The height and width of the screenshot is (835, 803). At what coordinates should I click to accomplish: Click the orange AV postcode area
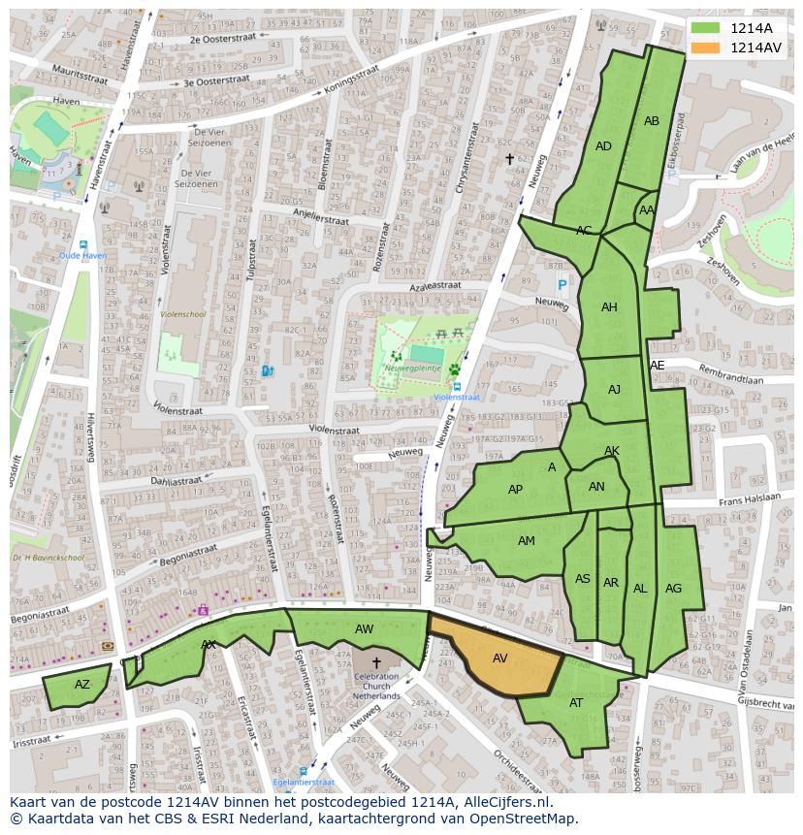click(x=500, y=658)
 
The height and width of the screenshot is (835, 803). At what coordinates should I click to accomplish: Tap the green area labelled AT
click(x=576, y=703)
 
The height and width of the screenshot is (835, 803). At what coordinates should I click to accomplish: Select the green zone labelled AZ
click(x=82, y=685)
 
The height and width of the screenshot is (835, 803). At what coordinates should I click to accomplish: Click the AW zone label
click(x=364, y=629)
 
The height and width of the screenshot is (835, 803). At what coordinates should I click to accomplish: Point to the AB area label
click(x=652, y=121)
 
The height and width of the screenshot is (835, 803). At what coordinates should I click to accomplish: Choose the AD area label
click(x=603, y=146)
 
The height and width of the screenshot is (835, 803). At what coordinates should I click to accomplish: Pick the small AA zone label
click(x=647, y=210)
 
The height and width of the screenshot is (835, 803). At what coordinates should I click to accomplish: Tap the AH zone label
click(x=609, y=307)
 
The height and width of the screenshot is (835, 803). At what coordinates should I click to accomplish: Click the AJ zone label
click(x=614, y=390)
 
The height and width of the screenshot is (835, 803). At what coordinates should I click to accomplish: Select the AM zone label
click(x=526, y=541)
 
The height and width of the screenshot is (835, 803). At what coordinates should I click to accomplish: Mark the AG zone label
click(x=673, y=589)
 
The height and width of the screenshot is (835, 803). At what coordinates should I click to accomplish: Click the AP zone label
click(x=515, y=490)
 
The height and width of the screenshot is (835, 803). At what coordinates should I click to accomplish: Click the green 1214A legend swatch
click(x=705, y=28)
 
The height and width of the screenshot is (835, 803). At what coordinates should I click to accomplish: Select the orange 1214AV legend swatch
click(x=705, y=48)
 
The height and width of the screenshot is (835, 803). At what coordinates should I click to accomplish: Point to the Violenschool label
click(x=182, y=314)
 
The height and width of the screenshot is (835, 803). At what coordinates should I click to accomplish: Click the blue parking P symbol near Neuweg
click(x=562, y=285)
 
